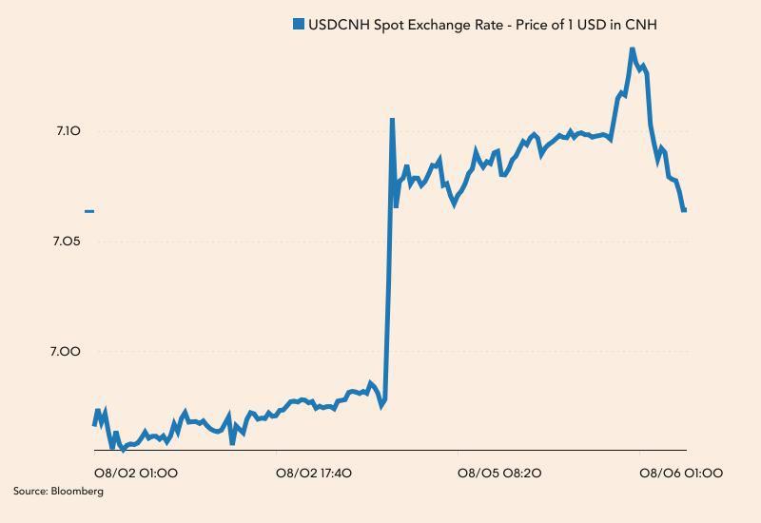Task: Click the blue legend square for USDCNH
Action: [x=299, y=25]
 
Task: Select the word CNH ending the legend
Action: [x=640, y=25]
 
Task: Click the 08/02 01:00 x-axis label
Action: [x=135, y=473]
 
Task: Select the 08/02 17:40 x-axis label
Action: [x=314, y=473]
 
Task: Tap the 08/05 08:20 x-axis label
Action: [x=499, y=473]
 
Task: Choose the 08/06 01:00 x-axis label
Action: [x=681, y=473]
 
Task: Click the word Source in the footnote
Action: [x=29, y=492]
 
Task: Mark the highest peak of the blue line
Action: [x=632, y=48]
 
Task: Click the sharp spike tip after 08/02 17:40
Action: [x=392, y=120]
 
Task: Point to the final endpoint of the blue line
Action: [x=684, y=210]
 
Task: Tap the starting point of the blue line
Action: [x=94, y=424]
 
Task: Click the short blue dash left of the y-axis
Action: [x=89, y=211]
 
